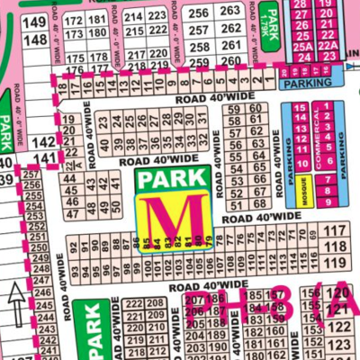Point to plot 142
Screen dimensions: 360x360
[42, 142]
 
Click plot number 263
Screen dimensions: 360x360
[230, 11]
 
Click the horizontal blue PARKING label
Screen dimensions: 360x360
[307, 83]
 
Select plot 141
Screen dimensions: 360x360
[42, 157]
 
